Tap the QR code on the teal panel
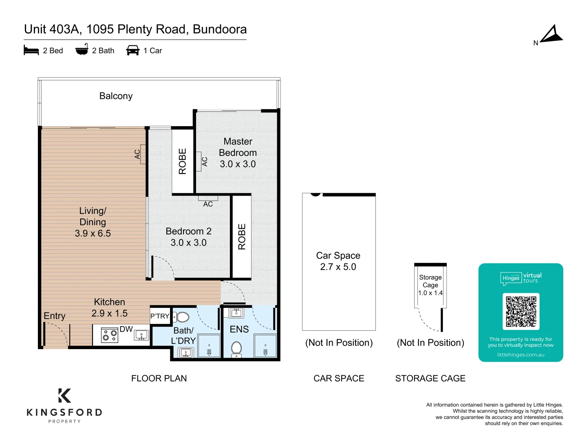tap(521, 312)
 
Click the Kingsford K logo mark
tap(64, 396)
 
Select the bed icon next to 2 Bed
tap(31, 50)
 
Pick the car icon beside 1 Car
tap(132, 50)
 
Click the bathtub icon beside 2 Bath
tap(82, 49)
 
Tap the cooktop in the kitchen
tap(110, 335)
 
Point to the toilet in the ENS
tap(236, 349)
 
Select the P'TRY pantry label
tap(160, 316)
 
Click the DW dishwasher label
tap(126, 329)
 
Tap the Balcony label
tap(116, 96)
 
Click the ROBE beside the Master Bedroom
tap(182, 161)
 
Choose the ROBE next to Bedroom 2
tap(242, 237)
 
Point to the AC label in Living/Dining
tap(137, 154)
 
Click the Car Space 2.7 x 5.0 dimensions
tap(338, 267)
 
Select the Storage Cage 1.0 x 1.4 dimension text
tap(430, 293)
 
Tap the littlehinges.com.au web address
tap(521, 355)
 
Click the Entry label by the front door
tap(55, 316)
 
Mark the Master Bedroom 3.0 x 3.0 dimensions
tap(238, 164)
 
